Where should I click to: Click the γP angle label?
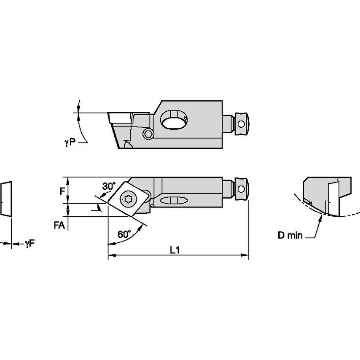click(70, 143)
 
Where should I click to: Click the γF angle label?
click(29, 243)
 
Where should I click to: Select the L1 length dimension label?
click(175, 250)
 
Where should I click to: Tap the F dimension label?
click(62, 191)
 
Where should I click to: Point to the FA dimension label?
click(59, 226)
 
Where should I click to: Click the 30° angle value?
click(109, 186)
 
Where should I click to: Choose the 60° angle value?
click(124, 234)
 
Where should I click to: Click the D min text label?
click(290, 236)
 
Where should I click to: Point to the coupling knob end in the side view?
click(241, 124)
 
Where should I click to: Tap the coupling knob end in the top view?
click(241, 190)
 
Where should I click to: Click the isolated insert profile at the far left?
click(6, 199)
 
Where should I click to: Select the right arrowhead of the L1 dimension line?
click(245, 255)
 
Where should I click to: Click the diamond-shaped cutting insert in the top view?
click(129, 198)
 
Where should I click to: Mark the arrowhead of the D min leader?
click(322, 216)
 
